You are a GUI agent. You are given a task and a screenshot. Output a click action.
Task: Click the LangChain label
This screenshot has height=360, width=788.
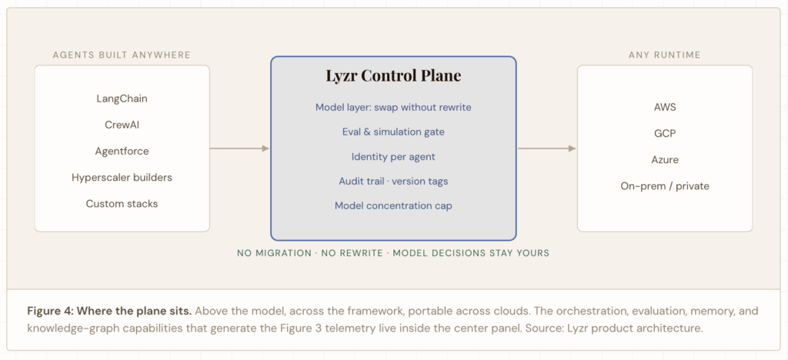tap(122, 98)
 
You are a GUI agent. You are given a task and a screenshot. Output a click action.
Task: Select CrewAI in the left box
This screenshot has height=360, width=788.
tap(122, 125)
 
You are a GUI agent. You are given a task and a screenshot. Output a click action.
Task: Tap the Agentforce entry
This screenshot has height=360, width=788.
tap(122, 151)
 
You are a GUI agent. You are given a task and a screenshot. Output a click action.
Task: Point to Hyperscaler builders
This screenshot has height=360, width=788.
tap(122, 177)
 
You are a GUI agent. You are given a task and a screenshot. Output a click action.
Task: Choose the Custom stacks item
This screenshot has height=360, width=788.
tap(122, 204)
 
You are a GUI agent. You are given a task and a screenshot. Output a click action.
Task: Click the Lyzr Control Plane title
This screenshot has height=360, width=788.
tap(393, 76)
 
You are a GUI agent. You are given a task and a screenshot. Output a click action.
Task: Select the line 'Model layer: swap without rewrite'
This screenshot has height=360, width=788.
tap(393, 108)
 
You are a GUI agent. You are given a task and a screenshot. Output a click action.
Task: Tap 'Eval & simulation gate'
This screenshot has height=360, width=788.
tap(393, 132)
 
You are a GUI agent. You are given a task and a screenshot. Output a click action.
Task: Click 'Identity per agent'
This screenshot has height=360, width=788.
tap(393, 157)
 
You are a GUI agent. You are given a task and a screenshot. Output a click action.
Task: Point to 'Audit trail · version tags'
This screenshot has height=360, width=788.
tap(393, 182)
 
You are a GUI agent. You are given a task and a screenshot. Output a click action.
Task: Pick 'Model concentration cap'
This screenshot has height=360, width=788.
tap(393, 206)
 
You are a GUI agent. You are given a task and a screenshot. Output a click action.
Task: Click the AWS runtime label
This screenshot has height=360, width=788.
tap(665, 107)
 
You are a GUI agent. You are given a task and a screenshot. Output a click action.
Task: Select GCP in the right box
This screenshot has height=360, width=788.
tap(665, 134)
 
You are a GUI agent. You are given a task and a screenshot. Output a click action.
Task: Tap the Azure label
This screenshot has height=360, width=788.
tap(665, 160)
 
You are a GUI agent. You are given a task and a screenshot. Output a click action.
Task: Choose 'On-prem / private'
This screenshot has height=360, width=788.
tap(665, 186)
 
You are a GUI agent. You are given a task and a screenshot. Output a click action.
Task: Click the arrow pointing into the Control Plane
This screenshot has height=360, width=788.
tap(240, 148)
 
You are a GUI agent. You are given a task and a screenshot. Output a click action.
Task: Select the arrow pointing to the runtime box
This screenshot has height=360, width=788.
tap(547, 148)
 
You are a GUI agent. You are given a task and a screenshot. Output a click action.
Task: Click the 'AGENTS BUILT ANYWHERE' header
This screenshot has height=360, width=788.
tap(122, 55)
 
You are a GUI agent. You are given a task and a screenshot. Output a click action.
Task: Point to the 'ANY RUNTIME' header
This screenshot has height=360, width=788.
tap(665, 55)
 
